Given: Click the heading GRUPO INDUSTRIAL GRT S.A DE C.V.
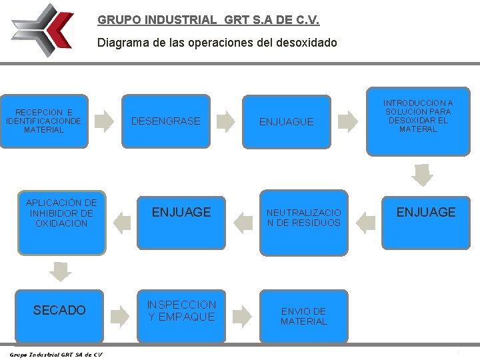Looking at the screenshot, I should pos(208,20).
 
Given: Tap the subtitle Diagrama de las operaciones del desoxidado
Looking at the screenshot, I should pos(217,43).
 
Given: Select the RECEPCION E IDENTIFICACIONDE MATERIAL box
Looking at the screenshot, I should pos(44,121).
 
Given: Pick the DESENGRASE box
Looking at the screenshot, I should pos(166,121).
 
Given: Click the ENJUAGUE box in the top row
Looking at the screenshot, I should pos(286,122).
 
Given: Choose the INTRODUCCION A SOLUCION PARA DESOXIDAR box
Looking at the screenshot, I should pos(418,117).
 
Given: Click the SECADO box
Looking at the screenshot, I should pos(60,310).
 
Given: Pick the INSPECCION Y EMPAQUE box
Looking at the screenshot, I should pos(182,311).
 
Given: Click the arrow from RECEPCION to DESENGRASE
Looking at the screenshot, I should pos(104,121).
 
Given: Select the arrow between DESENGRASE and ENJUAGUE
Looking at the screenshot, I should pos(227,121).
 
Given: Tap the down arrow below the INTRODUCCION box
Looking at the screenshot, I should pos(421,174).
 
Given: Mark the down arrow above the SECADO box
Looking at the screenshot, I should pos(61,271).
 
